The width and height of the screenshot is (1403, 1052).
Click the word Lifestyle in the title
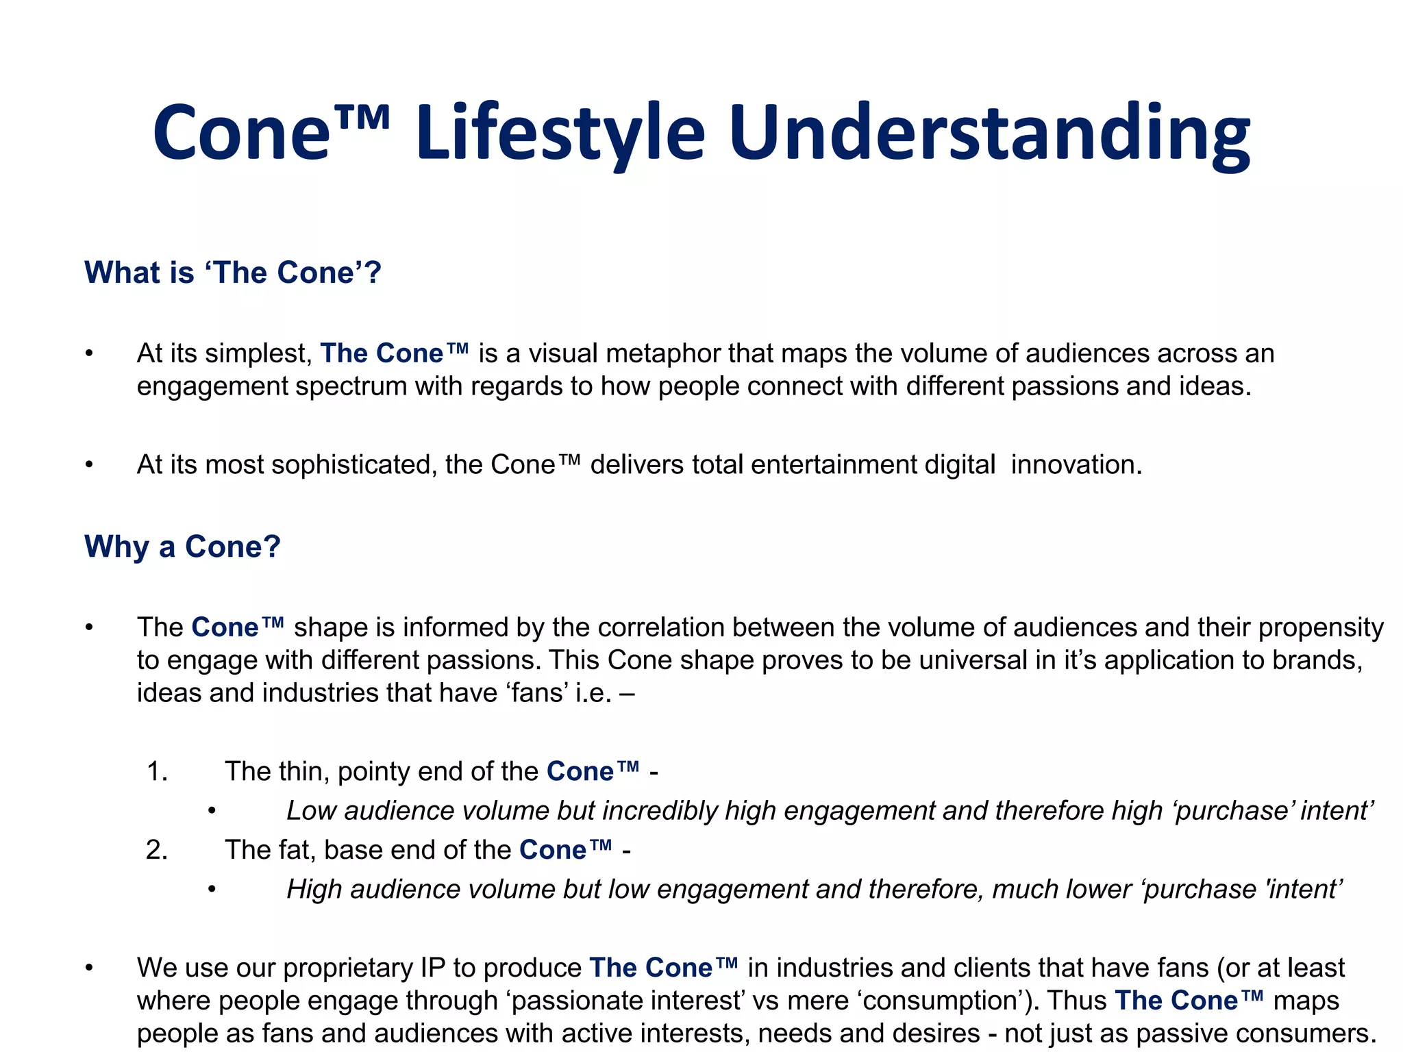(560, 134)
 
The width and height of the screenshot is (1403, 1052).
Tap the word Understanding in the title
(989, 134)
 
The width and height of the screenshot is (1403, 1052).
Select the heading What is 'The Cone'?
(232, 273)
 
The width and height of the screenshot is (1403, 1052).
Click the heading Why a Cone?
(182, 547)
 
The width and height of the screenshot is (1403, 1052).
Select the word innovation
(1076, 465)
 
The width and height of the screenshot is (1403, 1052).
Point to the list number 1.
(157, 772)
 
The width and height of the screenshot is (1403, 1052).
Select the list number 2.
(157, 850)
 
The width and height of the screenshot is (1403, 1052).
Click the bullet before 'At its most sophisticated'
(88, 465)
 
